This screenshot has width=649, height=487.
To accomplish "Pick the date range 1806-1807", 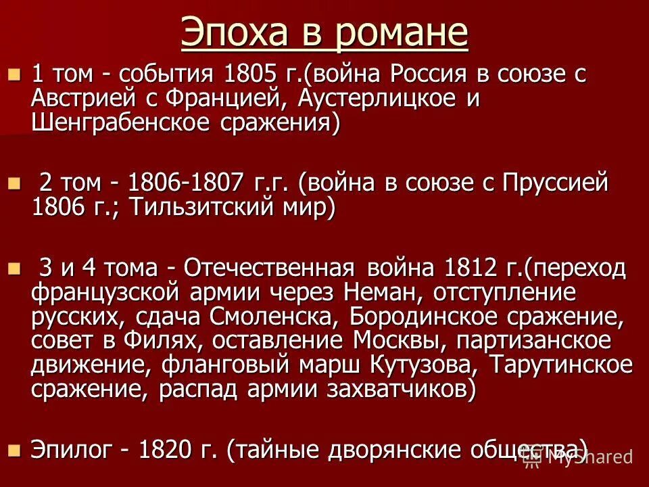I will click(186, 183).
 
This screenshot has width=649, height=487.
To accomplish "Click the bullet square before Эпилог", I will click(16, 449).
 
